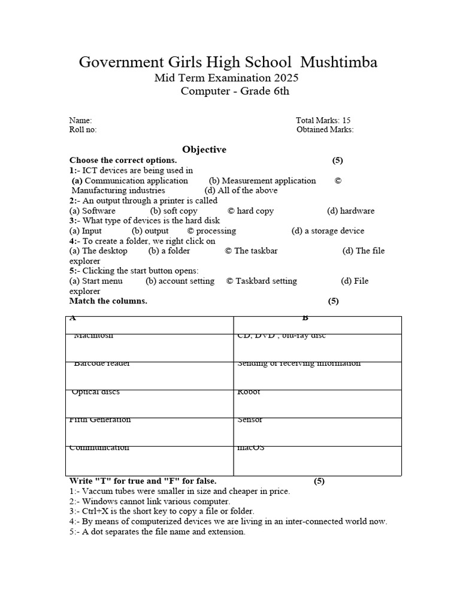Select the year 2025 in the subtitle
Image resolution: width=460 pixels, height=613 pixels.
click(x=286, y=78)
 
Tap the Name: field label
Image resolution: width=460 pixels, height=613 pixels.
click(x=80, y=120)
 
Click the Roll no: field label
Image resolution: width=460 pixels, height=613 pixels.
click(x=83, y=129)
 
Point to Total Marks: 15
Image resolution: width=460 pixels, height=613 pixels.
click(x=323, y=120)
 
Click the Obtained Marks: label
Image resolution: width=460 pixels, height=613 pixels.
click(x=325, y=129)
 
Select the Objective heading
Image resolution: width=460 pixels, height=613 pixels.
click(x=204, y=150)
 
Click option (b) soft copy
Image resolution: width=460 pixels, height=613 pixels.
click(x=174, y=211)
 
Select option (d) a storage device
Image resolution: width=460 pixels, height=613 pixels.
click(x=328, y=230)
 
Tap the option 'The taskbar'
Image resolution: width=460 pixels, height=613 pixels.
click(x=251, y=251)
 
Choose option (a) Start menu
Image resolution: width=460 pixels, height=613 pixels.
click(x=96, y=281)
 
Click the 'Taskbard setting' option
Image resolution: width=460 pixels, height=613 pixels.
click(x=261, y=281)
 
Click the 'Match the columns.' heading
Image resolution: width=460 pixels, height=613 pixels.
click(x=108, y=301)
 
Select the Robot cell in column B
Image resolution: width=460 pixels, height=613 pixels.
click(x=249, y=392)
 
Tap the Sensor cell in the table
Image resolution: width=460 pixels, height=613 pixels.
click(x=250, y=420)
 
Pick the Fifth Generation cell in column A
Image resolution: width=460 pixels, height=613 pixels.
click(x=100, y=420)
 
